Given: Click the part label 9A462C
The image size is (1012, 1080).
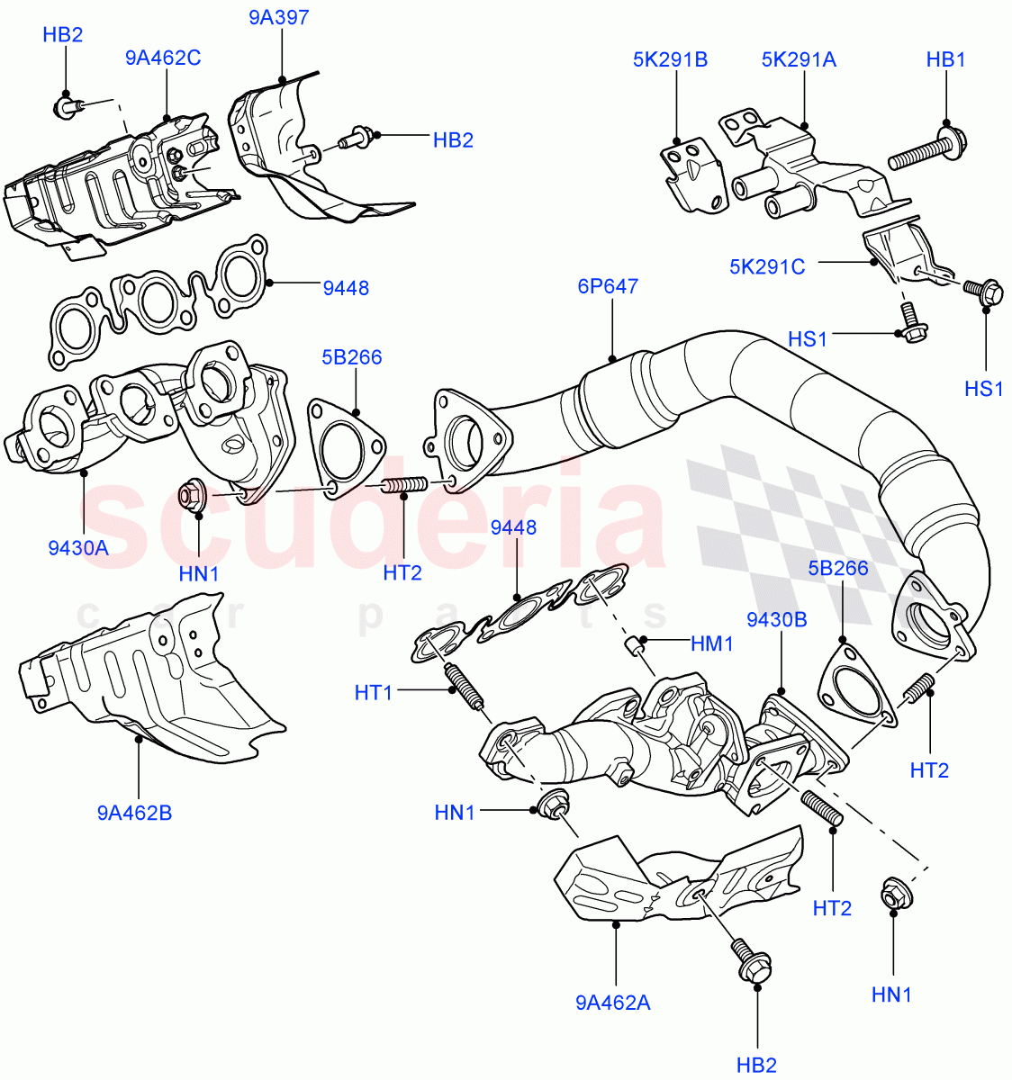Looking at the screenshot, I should pyautogui.click(x=163, y=58).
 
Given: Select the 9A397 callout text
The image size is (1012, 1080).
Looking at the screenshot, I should pyautogui.click(x=279, y=17).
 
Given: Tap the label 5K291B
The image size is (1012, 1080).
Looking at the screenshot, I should pyautogui.click(x=670, y=60).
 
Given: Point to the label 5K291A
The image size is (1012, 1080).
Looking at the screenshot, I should pyautogui.click(x=799, y=60).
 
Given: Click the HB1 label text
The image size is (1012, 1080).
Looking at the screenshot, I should pyautogui.click(x=945, y=60).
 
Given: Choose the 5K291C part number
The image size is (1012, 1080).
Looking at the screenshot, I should pyautogui.click(x=767, y=266).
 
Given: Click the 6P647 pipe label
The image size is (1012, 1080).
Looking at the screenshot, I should pyautogui.click(x=608, y=287).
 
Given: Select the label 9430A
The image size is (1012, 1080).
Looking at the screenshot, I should pyautogui.click(x=78, y=547).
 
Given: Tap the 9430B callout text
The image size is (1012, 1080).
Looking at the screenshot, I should pyautogui.click(x=776, y=619).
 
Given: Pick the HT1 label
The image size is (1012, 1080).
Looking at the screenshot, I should pyautogui.click(x=375, y=691).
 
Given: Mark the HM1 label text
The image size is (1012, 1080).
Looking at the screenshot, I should pyautogui.click(x=712, y=644).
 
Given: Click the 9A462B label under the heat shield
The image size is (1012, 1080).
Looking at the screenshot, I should pyautogui.click(x=135, y=814).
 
